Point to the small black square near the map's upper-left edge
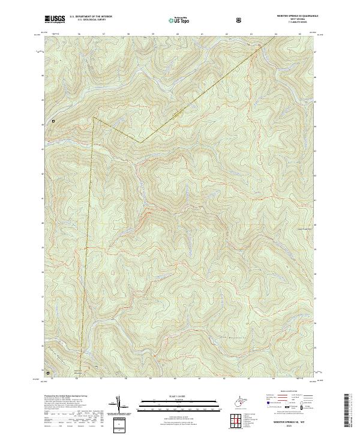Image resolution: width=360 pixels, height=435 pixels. tap(53, 121)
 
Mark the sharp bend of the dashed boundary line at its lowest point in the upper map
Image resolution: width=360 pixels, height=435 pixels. tap(139, 143)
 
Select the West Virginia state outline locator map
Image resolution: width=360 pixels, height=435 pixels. tap(239, 400)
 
